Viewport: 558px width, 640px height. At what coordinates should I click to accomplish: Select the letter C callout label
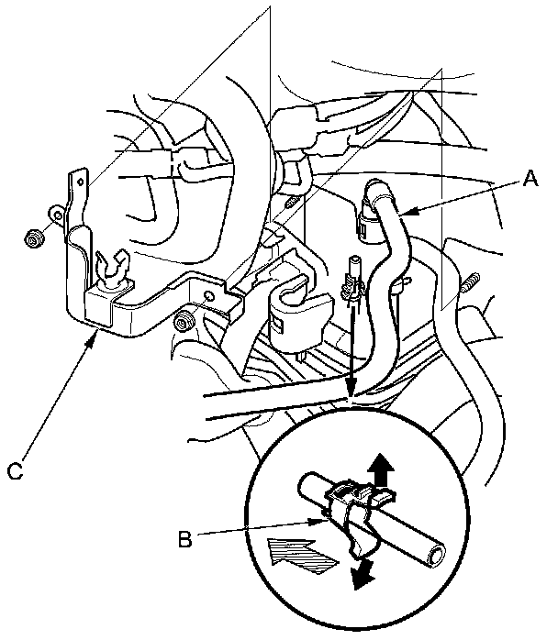coord(14,471)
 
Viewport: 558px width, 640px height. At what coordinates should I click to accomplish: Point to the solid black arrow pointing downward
coord(364,573)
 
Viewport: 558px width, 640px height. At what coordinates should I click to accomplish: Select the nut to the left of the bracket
coord(34,239)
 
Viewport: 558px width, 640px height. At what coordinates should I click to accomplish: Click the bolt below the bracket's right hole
coord(184,321)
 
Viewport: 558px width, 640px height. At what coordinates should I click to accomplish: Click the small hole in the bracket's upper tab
coord(56,217)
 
